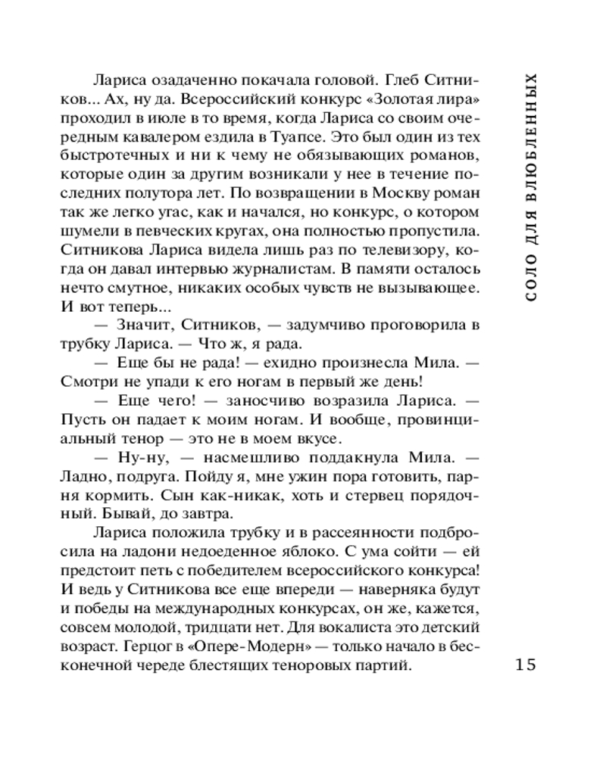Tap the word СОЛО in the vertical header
point(530,279)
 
